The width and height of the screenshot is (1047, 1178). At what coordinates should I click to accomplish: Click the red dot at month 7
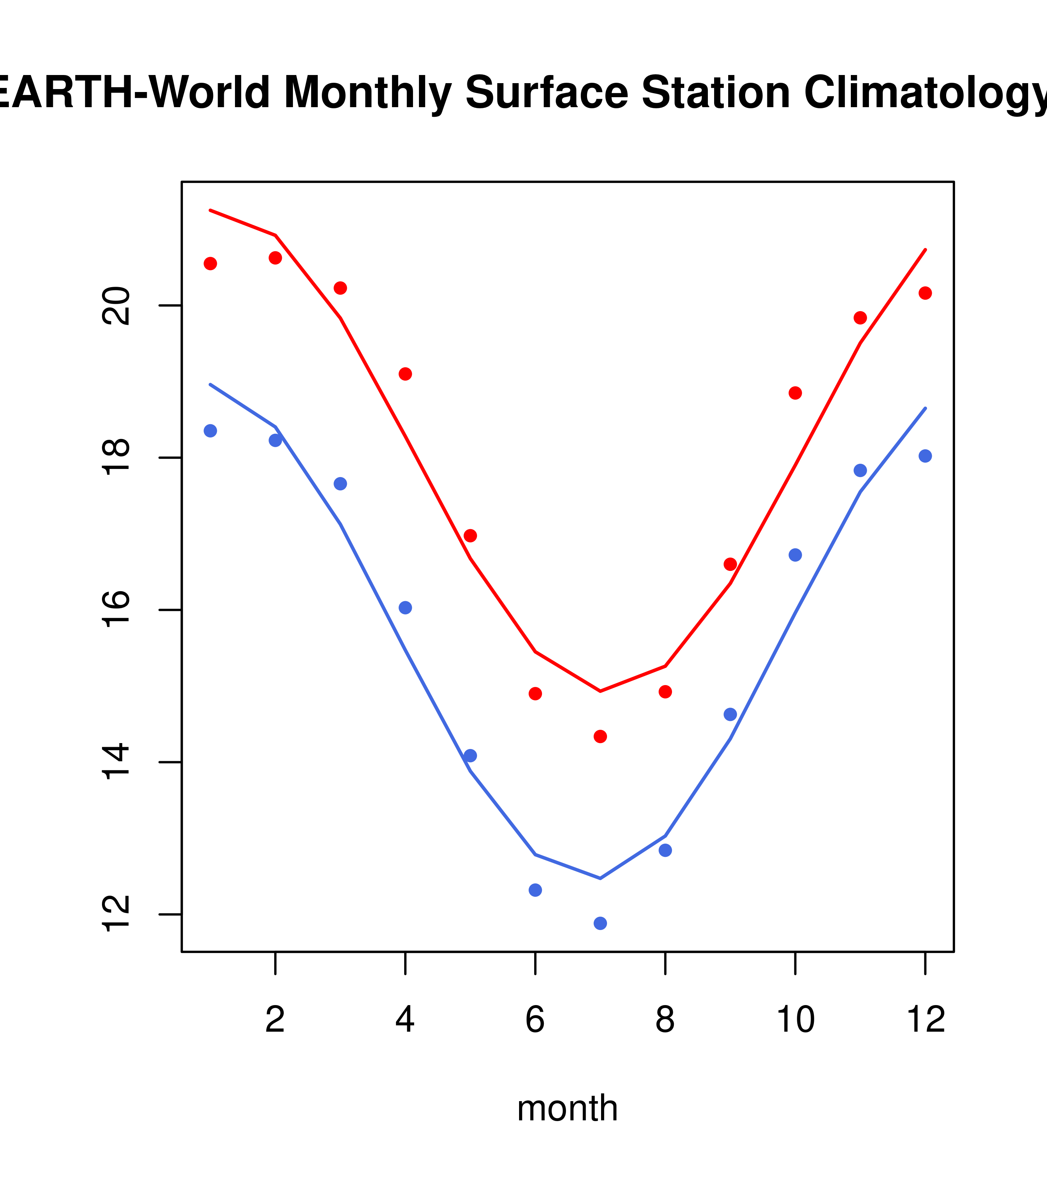click(600, 736)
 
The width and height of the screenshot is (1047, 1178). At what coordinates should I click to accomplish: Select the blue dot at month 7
click(600, 924)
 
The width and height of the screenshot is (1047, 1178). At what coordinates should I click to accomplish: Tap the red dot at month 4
click(406, 374)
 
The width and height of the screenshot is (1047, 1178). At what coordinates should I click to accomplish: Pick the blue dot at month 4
click(406, 608)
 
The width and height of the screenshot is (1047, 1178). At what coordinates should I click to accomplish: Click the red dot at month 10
click(795, 393)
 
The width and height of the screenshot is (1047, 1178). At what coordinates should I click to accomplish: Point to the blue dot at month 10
click(795, 555)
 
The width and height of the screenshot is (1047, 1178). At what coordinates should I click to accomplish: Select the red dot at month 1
click(210, 263)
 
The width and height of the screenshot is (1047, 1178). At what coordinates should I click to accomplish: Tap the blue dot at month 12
click(925, 456)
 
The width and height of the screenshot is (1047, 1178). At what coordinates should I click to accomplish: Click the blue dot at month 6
click(535, 891)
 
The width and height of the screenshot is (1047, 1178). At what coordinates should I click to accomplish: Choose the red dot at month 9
click(730, 564)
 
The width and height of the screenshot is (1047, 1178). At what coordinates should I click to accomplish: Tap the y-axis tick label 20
click(116, 306)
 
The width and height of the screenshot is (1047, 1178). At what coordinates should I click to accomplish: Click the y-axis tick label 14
click(116, 762)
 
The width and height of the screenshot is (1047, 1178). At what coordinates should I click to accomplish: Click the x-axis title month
click(567, 1108)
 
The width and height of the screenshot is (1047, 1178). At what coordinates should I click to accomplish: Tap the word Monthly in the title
click(368, 92)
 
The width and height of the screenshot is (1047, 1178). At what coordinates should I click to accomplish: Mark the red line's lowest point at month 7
click(600, 691)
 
